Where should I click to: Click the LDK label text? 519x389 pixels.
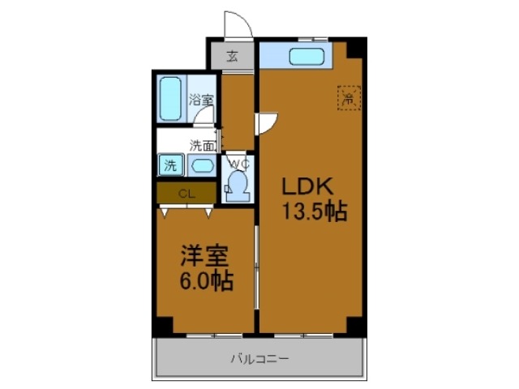(302, 185)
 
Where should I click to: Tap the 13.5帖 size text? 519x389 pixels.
(315, 212)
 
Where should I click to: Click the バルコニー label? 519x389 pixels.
(259, 357)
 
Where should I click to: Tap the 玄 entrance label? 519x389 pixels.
(233, 56)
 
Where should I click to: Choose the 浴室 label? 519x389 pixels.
(201, 100)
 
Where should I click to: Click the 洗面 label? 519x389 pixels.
(202, 146)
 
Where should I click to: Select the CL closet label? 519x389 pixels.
(186, 193)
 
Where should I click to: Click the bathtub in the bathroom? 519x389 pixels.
(170, 98)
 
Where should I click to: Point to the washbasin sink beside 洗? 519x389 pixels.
(202, 166)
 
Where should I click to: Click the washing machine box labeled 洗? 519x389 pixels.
(170, 165)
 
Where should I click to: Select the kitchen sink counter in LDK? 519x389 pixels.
(307, 57)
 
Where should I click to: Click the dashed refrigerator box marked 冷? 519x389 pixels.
(348, 99)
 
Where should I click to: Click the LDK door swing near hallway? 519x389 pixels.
(268, 123)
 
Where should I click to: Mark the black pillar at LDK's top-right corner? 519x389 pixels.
(354, 49)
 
